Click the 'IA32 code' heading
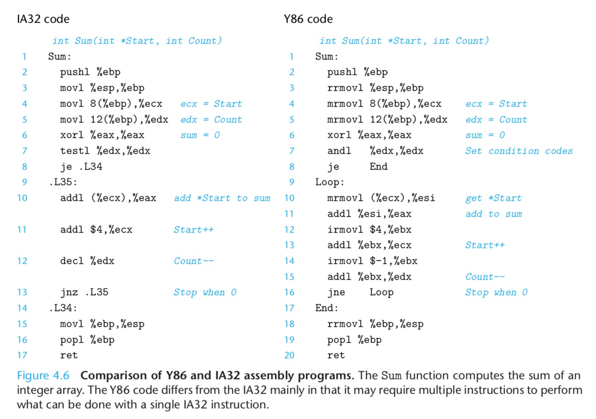tap(43, 19)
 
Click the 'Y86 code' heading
tap(308, 19)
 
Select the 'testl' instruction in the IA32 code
tap(75, 151)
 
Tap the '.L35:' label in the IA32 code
tap(63, 182)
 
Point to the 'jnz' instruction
tap(69, 292)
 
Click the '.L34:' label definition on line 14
tap(63, 308)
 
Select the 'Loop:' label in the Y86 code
tap(330, 183)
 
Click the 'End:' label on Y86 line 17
tap(327, 308)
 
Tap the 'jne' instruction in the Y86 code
tap(336, 292)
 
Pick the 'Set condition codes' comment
tap(519, 151)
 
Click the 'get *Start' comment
tap(493, 198)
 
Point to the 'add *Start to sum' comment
tap(222, 198)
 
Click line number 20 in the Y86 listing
tap(289, 355)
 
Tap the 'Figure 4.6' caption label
tap(43, 376)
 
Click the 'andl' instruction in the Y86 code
tap(339, 151)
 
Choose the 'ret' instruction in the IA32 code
tap(69, 355)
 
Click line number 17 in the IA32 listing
tap(22, 355)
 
